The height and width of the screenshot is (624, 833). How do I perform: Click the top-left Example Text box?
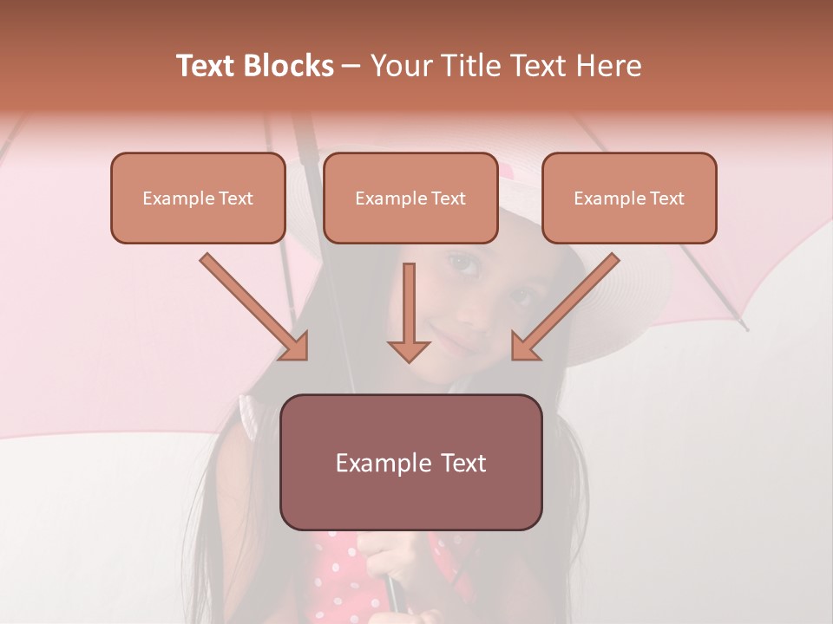pos(198,198)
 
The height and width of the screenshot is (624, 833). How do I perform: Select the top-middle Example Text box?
pos(410,198)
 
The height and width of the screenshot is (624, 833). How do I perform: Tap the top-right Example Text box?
pos(629,198)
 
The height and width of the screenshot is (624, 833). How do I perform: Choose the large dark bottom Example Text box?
pos(410,462)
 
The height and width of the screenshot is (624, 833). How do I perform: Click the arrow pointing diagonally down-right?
pos(254,307)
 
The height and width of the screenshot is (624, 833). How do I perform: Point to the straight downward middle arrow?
pos(409,312)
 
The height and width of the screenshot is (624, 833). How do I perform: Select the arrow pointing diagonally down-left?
pos(565,307)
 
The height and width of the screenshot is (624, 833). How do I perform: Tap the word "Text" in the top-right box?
pos(666,198)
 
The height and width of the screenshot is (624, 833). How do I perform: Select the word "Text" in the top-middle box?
pos(448,198)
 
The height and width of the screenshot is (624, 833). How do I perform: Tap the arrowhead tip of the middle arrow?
pos(409,361)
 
